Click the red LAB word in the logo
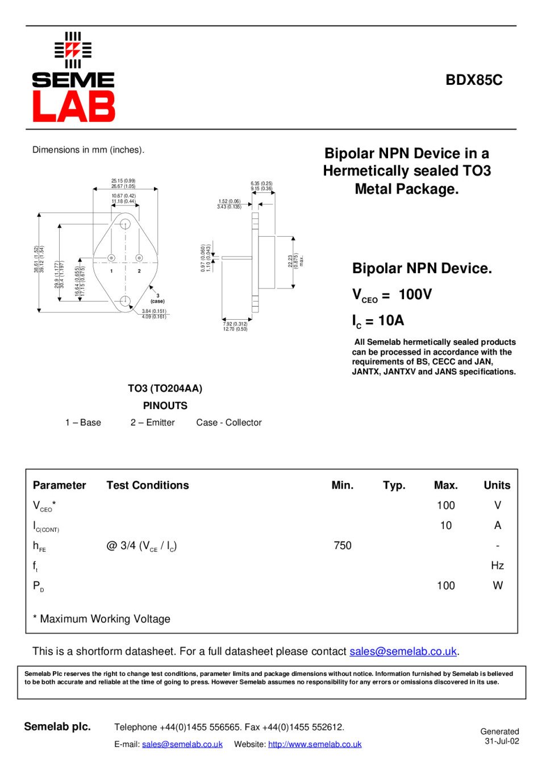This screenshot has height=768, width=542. click(x=74, y=106)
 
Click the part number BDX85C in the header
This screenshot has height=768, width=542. click(x=474, y=80)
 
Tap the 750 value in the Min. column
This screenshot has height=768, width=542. click(x=343, y=546)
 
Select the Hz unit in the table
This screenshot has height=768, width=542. click(x=497, y=565)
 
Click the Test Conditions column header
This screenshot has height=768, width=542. click(x=148, y=485)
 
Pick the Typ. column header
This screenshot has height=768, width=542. click(x=394, y=485)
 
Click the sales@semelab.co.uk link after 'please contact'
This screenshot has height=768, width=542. click(x=403, y=651)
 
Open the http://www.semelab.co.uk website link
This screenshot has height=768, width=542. click(x=315, y=744)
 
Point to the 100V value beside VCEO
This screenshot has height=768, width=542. click(x=415, y=294)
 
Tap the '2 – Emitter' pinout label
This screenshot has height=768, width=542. click(x=152, y=423)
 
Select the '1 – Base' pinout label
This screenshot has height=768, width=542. click(x=83, y=423)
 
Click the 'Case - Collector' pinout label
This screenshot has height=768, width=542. click(x=229, y=423)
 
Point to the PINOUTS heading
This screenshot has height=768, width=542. click(x=165, y=406)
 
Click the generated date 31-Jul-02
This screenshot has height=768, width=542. click(x=502, y=741)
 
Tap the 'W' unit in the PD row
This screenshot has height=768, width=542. click(x=498, y=585)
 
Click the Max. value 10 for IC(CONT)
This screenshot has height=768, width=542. click(x=446, y=526)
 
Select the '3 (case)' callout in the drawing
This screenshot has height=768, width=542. click(x=157, y=299)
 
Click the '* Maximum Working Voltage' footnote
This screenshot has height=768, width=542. click(x=102, y=619)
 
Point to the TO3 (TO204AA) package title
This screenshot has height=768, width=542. click(x=165, y=389)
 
